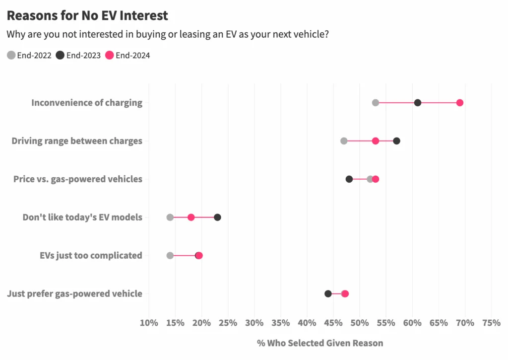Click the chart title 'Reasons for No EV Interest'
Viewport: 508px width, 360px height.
click(87, 15)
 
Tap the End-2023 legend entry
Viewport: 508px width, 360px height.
click(79, 55)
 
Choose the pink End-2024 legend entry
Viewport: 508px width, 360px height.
click(127, 55)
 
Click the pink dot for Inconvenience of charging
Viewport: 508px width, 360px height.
click(460, 103)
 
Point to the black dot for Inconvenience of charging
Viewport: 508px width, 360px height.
click(418, 103)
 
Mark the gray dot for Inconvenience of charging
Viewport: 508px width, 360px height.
click(376, 103)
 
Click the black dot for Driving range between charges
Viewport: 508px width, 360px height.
click(396, 141)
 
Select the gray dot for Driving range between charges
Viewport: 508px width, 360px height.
click(344, 141)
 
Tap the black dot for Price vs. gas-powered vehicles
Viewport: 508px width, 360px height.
click(349, 179)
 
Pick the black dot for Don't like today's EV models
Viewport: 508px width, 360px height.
click(217, 217)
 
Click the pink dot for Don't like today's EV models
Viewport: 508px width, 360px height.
click(191, 217)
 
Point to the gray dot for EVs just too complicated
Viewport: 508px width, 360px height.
click(170, 256)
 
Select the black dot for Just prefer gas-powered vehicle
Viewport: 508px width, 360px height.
click(328, 294)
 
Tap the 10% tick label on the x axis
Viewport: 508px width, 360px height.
click(149, 323)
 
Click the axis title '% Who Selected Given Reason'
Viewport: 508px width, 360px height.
click(320, 343)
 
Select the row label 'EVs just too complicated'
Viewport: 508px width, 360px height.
click(91, 256)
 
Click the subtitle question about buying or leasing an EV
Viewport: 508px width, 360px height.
click(168, 35)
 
